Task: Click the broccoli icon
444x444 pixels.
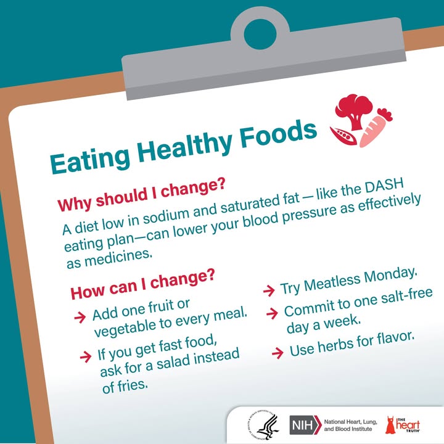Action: (354, 111)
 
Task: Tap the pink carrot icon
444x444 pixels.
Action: (374, 128)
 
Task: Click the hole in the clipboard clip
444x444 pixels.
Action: (260, 34)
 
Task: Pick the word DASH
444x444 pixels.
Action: (384, 187)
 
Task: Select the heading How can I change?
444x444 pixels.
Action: (142, 284)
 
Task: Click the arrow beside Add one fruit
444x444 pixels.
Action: (80, 318)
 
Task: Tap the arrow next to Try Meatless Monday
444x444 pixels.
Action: (269, 291)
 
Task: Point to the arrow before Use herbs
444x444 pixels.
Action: (277, 353)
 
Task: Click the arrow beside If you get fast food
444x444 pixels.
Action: (86, 357)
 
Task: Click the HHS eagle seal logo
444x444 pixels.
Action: (263, 425)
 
